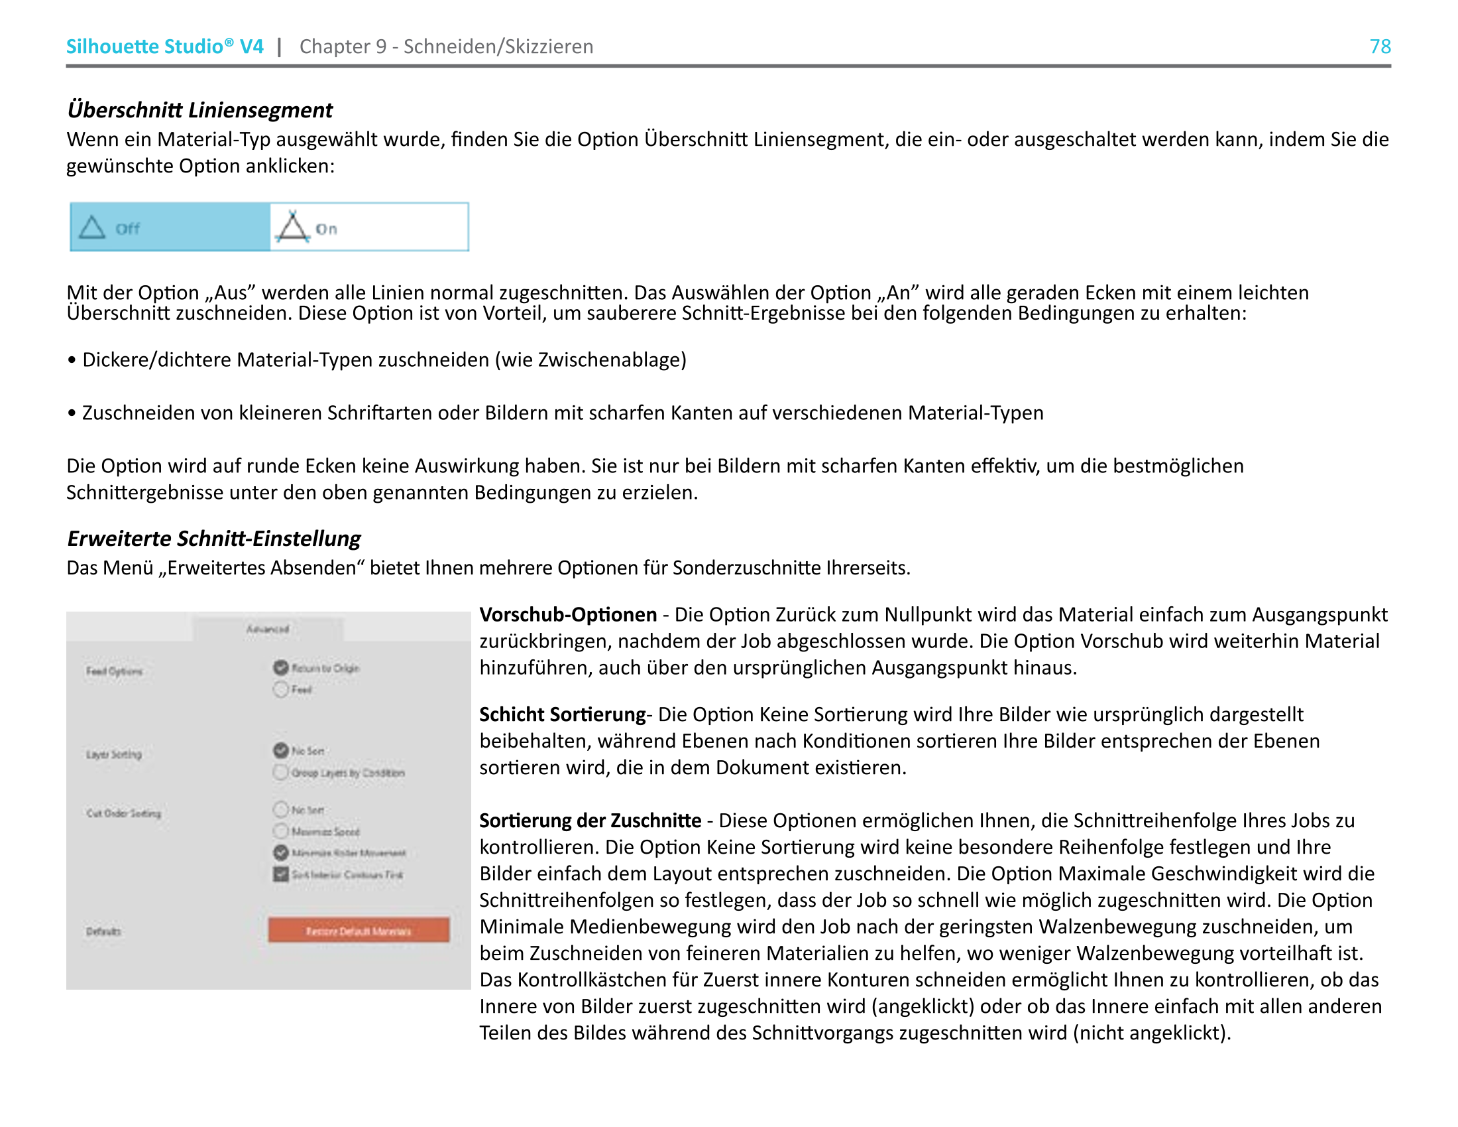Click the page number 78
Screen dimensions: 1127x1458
[x=1379, y=46]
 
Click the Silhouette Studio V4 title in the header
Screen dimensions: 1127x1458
[x=164, y=46]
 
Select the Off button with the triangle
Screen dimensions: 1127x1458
[x=170, y=228]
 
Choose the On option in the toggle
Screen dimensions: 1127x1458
[x=369, y=228]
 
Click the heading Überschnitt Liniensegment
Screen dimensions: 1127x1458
[x=199, y=109]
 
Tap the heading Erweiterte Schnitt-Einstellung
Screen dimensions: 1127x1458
[x=213, y=539]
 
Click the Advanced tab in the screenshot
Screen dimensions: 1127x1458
[x=268, y=630]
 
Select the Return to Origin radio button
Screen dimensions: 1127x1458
[x=281, y=667]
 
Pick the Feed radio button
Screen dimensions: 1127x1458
[x=281, y=689]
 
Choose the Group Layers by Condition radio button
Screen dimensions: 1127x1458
[x=281, y=772]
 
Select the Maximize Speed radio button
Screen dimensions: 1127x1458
[x=281, y=831]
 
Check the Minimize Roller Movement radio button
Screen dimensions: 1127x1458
[x=281, y=852]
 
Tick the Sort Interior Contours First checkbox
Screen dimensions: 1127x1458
[x=281, y=874]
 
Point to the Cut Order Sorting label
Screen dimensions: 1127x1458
[x=123, y=813]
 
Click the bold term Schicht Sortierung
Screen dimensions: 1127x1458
[x=562, y=714]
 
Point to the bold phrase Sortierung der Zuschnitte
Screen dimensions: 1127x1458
[x=590, y=821]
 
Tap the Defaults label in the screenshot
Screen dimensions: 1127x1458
[x=103, y=931]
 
